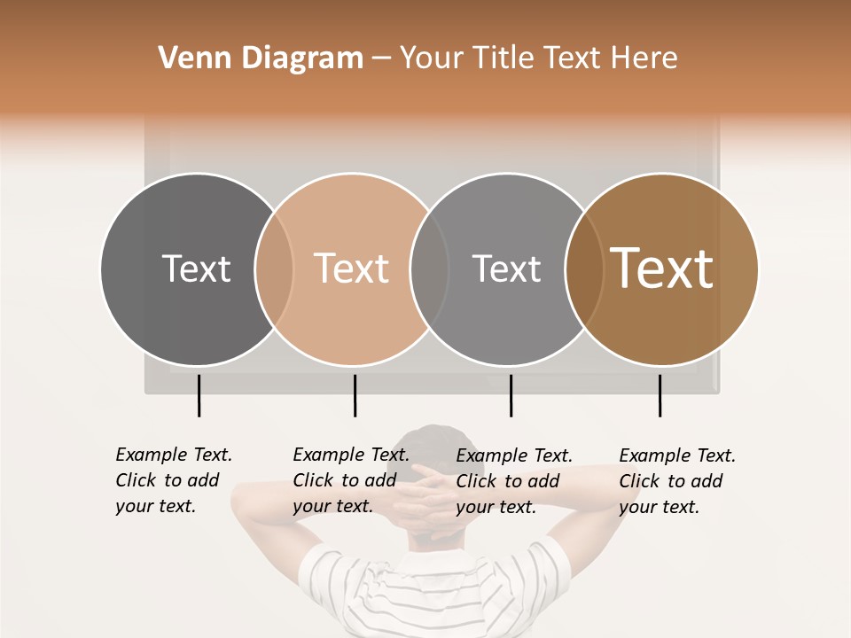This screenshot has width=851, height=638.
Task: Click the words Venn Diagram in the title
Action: point(261,58)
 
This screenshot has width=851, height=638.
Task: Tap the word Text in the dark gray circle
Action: point(196,268)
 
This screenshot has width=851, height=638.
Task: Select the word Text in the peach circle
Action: point(351,268)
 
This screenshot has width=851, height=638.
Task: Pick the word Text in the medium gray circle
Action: point(506,268)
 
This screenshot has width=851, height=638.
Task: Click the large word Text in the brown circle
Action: point(662,268)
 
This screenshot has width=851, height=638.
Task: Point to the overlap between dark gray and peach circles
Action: point(274,268)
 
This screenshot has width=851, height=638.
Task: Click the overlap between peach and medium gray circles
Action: point(429,268)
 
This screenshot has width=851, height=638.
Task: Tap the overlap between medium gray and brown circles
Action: point(584,268)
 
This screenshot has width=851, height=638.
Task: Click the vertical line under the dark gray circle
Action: point(199,395)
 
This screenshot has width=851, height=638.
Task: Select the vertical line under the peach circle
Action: point(355,395)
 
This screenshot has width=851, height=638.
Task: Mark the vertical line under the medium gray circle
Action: point(511,395)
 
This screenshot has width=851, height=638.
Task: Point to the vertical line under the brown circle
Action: point(660,395)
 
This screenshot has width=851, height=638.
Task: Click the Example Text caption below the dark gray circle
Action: point(173,480)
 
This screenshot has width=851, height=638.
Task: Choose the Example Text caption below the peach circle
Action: point(350,480)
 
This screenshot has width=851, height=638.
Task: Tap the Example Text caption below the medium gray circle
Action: point(513,481)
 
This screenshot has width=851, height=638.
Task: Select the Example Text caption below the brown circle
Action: point(676,481)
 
